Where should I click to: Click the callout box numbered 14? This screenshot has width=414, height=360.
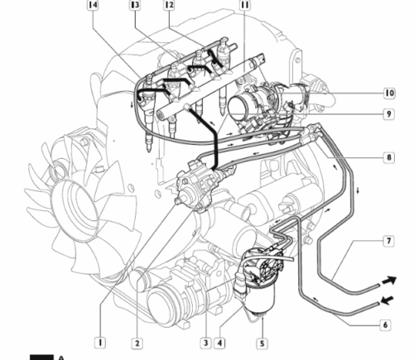pyautogui.click(x=93, y=5)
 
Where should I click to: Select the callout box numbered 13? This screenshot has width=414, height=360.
pyautogui.click(x=135, y=5)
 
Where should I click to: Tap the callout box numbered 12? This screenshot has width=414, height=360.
pyautogui.click(x=170, y=5)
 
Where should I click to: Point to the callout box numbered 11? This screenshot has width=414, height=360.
pyautogui.click(x=245, y=5)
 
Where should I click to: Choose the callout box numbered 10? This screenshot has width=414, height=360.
pyautogui.click(x=389, y=93)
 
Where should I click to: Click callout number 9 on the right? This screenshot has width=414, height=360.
pyautogui.click(x=389, y=113)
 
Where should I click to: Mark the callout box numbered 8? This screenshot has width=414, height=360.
pyautogui.click(x=389, y=157)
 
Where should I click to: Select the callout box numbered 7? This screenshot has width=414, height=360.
pyautogui.click(x=388, y=241)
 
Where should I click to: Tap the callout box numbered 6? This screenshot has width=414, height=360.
pyautogui.click(x=385, y=324)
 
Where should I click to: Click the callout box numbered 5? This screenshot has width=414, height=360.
pyautogui.click(x=262, y=343)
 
